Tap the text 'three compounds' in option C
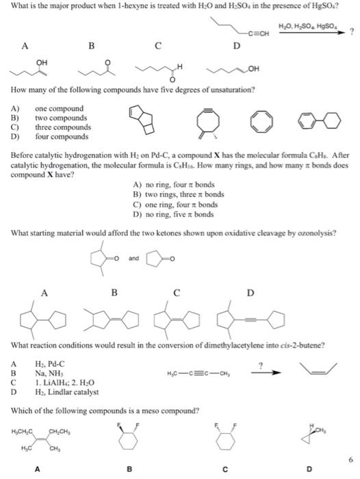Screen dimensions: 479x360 59,127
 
